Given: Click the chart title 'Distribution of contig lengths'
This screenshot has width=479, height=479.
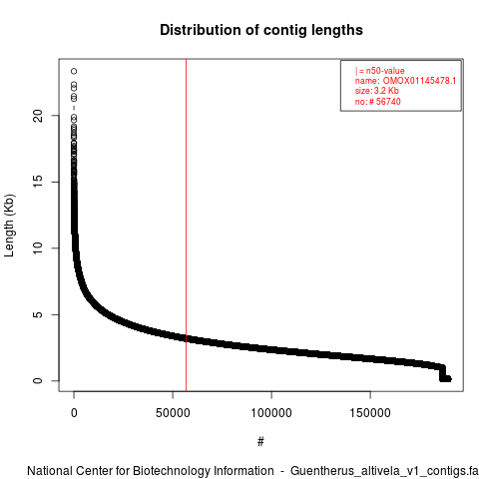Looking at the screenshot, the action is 261,30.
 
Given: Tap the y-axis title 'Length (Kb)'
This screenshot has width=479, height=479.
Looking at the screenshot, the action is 10,226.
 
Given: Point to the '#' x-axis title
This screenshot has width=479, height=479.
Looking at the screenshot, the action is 260,442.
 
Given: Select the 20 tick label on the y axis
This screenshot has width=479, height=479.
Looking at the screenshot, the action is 38,116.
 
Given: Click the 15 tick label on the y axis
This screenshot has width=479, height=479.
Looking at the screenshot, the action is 38,182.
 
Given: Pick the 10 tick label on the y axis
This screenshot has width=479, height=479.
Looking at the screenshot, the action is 38,248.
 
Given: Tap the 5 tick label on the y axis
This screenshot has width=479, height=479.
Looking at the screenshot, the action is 38,314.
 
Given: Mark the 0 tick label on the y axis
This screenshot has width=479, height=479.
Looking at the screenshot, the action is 38,380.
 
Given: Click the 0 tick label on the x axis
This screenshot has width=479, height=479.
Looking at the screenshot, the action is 74,413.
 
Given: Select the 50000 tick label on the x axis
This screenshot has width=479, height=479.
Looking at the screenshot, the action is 173,413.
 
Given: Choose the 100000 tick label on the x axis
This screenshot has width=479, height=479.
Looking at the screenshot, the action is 271,413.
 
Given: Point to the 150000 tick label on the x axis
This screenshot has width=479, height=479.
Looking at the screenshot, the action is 370,413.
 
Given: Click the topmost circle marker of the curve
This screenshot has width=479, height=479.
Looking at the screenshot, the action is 74,71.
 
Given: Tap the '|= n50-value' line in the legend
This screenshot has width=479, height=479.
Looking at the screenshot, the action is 380,71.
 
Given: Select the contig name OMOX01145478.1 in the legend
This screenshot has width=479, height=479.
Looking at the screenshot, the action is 419,81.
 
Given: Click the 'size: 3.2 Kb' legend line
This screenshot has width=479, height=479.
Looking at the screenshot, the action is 377,91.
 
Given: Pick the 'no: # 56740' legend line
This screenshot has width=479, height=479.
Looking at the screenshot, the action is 378,102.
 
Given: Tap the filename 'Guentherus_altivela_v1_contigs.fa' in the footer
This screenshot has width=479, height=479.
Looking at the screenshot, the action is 384,472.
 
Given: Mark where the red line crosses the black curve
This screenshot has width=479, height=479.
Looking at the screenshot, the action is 186,338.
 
